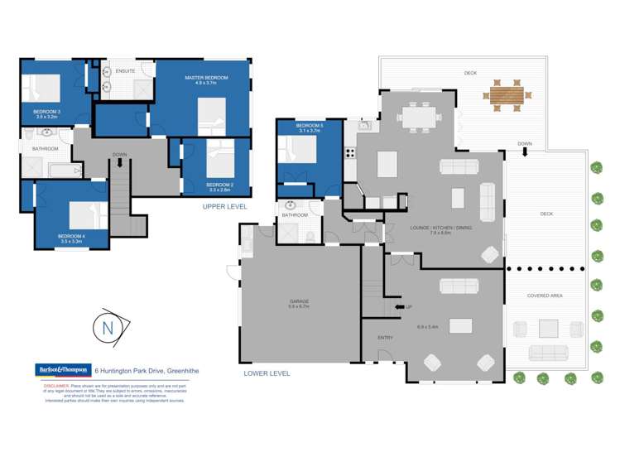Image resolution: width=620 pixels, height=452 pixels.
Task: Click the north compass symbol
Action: (108, 327)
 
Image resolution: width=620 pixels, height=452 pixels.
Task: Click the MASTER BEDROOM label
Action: (206, 78)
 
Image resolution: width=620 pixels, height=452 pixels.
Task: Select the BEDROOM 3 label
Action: (47, 112)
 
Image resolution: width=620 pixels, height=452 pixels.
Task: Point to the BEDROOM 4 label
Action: (71, 236)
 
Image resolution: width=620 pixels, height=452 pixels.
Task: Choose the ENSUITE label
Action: (126, 71)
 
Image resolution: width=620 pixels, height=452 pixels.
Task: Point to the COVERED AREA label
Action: (545, 296)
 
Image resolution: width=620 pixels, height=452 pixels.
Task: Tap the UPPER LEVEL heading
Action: (226, 207)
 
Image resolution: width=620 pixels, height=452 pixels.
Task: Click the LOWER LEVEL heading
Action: (267, 373)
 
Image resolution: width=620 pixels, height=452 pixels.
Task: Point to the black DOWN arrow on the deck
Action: (525, 151)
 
